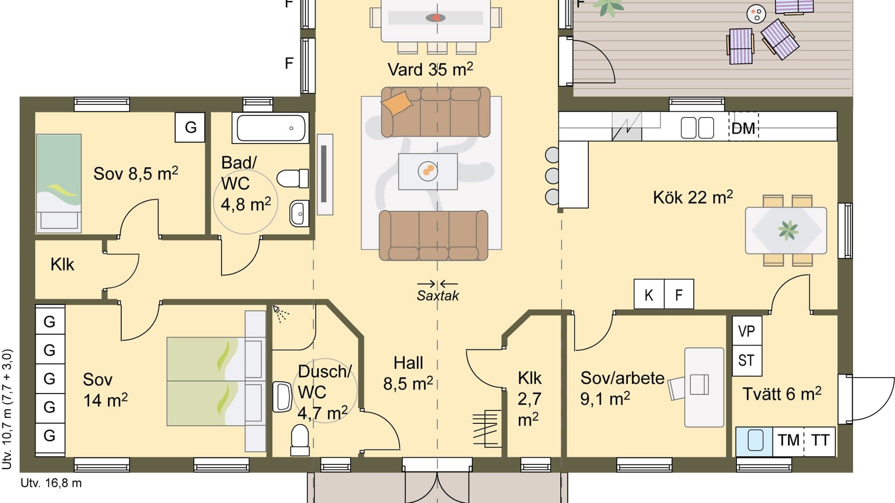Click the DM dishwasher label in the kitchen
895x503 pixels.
coord(743,128)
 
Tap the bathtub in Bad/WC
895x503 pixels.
coord(270,128)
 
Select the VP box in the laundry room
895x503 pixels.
coord(746,331)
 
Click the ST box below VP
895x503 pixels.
coord(746,360)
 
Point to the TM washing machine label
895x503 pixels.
coord(788,440)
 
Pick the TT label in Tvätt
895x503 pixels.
coord(820,440)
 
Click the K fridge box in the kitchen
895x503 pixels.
coord(648,294)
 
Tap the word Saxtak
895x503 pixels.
coord(438,296)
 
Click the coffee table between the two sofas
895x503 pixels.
coord(427,171)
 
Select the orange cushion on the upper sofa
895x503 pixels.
coord(396,103)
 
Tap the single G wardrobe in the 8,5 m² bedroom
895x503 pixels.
coord(190,127)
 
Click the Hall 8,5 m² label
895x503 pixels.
coord(408,374)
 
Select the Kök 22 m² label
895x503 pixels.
coord(693,197)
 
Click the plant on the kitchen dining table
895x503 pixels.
coord(788,230)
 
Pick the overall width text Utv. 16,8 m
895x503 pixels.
coord(51,483)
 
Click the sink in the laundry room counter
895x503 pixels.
coord(755,440)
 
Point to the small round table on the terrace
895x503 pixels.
coord(756,14)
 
